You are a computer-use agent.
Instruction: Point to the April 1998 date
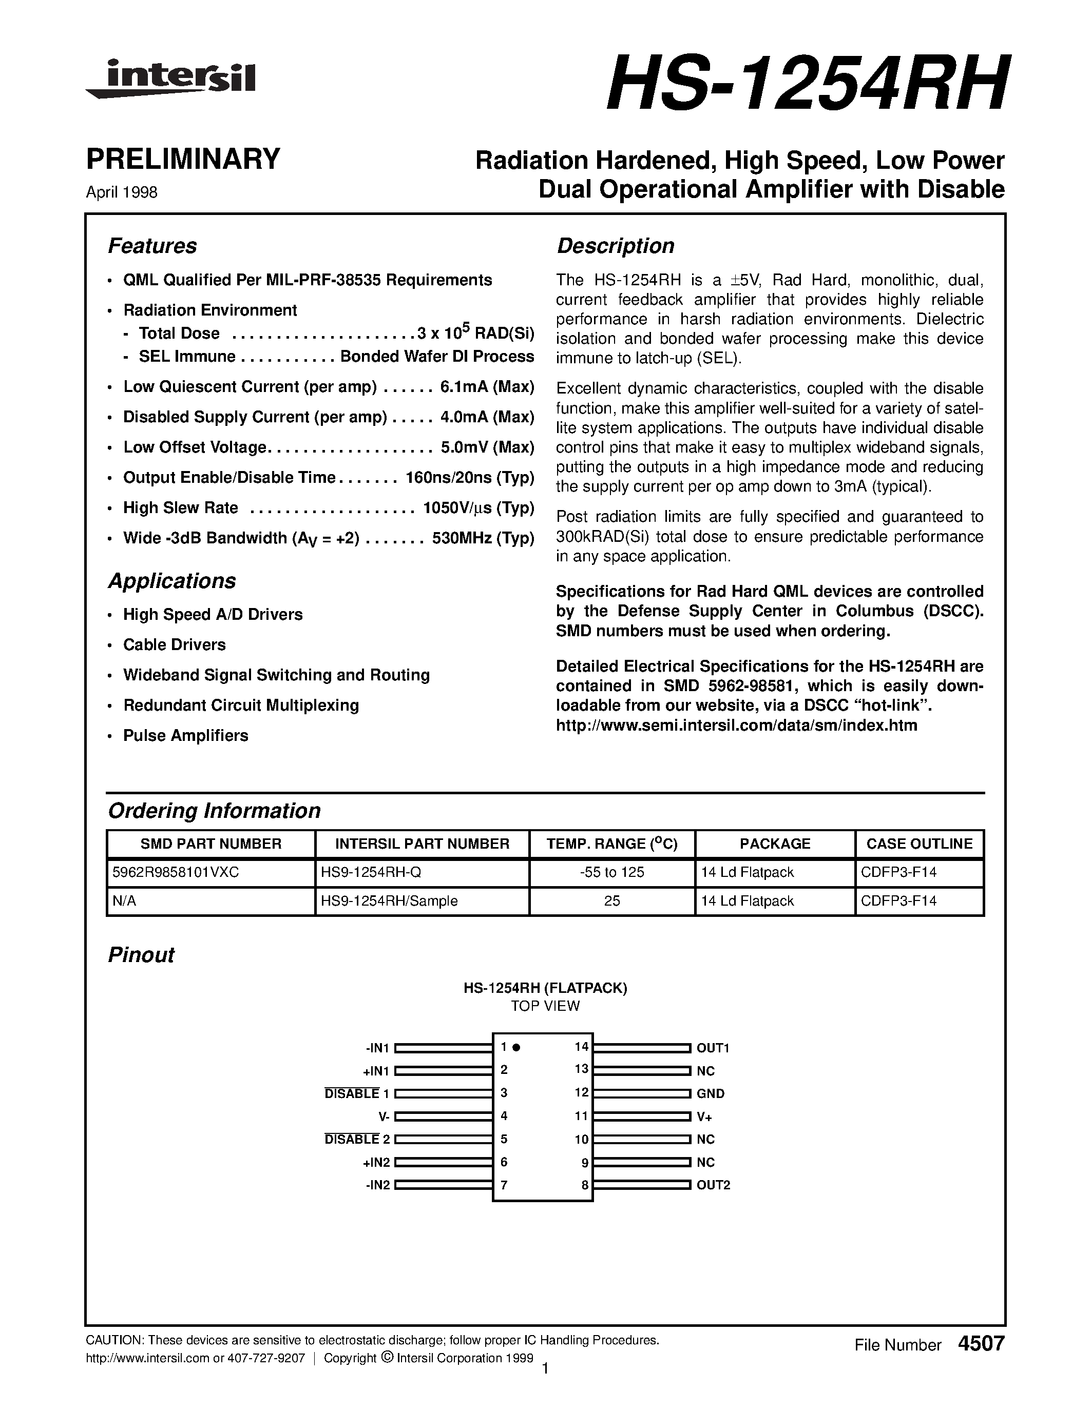pyautogui.click(x=122, y=192)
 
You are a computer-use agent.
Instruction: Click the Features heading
pyautogui.click(x=152, y=246)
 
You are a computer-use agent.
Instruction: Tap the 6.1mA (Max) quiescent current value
pyautogui.click(x=487, y=387)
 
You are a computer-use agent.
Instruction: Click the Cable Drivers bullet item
pyautogui.click(x=175, y=645)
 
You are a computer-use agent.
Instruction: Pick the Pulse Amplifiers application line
pyautogui.click(x=185, y=735)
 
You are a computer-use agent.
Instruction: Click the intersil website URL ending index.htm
pyautogui.click(x=736, y=726)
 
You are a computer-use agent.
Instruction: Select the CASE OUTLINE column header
pyautogui.click(x=919, y=844)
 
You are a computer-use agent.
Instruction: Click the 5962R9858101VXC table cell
pyautogui.click(x=176, y=872)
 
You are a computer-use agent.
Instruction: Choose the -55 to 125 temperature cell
pyautogui.click(x=611, y=872)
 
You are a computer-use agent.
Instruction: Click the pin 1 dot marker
pyautogui.click(x=516, y=1047)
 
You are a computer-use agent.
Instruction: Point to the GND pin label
pyautogui.click(x=711, y=1094)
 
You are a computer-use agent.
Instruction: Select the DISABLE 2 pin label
pyautogui.click(x=357, y=1140)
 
